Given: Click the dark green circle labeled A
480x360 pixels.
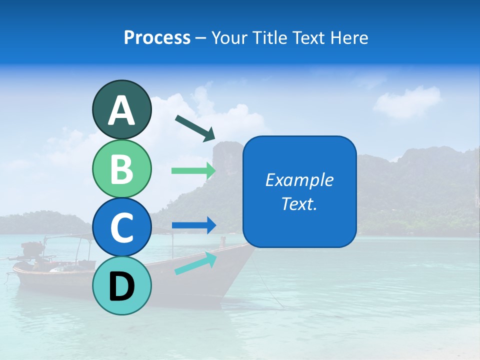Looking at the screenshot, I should [x=121, y=109].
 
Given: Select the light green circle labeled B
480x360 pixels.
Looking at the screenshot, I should [x=121, y=168].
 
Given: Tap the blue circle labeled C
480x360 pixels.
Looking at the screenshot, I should [x=121, y=227].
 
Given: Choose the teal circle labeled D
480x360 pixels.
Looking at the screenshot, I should [x=121, y=285].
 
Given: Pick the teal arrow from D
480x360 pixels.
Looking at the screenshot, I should [x=195, y=263].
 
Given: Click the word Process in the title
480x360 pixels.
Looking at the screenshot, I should [x=157, y=37].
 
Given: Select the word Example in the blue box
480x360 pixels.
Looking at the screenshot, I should [x=299, y=180].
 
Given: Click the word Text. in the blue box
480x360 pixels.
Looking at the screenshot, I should [x=299, y=203].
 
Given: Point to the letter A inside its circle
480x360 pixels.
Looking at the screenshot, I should [x=121, y=110].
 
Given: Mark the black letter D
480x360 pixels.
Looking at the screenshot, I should [x=121, y=286].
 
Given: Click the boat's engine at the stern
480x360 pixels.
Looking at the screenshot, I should [x=32, y=249].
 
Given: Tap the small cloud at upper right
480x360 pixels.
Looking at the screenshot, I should [x=407, y=101].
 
